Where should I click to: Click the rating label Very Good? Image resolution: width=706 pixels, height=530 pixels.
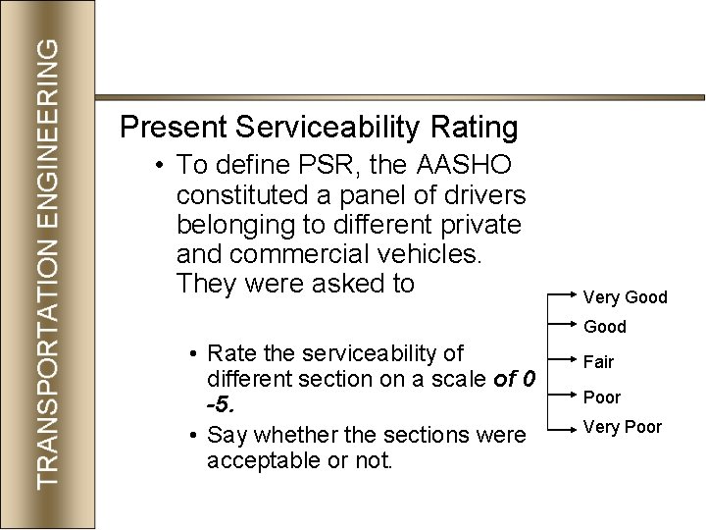coord(625,296)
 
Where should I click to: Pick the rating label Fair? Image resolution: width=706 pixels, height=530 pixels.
coord(598,362)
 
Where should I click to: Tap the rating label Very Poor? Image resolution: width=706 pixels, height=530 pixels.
coord(623,427)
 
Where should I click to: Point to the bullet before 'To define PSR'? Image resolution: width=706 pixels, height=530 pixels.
coord(158,163)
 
